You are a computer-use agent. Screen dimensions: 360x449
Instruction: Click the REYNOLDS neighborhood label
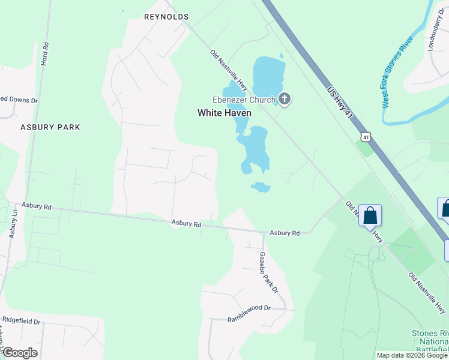click(167, 17)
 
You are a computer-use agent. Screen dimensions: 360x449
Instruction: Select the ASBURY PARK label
click(50, 127)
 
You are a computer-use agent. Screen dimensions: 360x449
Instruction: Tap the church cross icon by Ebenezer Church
click(285, 100)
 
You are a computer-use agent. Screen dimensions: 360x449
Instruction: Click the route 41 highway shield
click(366, 137)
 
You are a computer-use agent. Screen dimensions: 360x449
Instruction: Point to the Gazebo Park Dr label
click(269, 272)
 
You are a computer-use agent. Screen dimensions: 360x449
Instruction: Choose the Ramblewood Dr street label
click(249, 314)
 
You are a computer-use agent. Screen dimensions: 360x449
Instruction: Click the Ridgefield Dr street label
click(21, 322)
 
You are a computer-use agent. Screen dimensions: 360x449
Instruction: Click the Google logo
click(20, 353)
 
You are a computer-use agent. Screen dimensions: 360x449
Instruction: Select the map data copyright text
click(411, 355)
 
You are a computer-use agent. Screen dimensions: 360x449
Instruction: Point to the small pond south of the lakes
click(261, 187)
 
